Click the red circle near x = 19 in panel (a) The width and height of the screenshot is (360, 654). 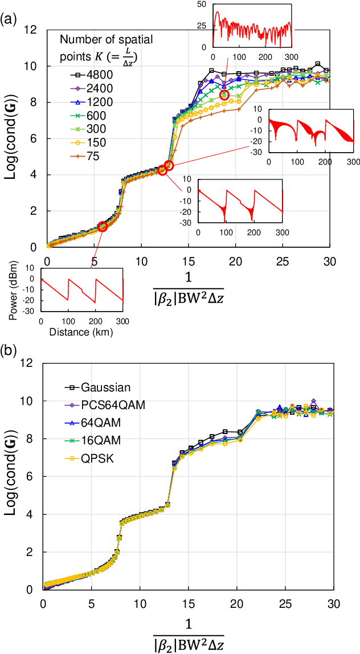point(224,95)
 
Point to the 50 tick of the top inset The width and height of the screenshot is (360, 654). point(201,4)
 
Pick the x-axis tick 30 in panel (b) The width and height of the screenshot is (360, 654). point(334,602)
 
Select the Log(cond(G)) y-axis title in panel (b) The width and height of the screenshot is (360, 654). point(12,477)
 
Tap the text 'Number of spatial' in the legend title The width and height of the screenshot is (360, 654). point(107,39)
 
